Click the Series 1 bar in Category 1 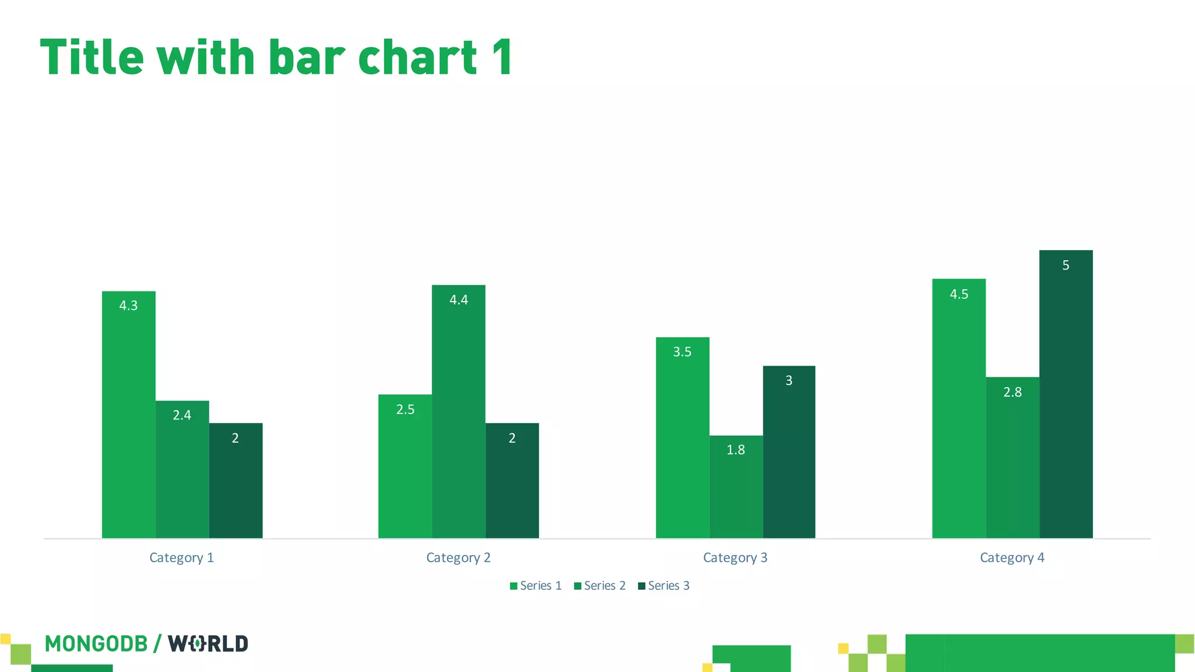pyautogui.click(x=128, y=420)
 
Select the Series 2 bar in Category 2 pyautogui.click(x=459, y=420)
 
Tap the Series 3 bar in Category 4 pyautogui.click(x=1065, y=402)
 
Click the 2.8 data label pyautogui.click(x=1012, y=392)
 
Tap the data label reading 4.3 pyautogui.click(x=128, y=306)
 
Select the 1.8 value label pyautogui.click(x=736, y=450)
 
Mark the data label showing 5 pyautogui.click(x=1065, y=265)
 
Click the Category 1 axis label pyautogui.click(x=181, y=558)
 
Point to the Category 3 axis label pyautogui.click(x=735, y=558)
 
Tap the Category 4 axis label pyautogui.click(x=1012, y=558)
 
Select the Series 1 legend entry pyautogui.click(x=536, y=586)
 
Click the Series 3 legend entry pyautogui.click(x=664, y=586)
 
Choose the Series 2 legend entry pyautogui.click(x=600, y=586)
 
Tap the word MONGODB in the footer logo pyautogui.click(x=96, y=644)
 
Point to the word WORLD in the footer pyautogui.click(x=208, y=644)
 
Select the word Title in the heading pyautogui.click(x=92, y=57)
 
